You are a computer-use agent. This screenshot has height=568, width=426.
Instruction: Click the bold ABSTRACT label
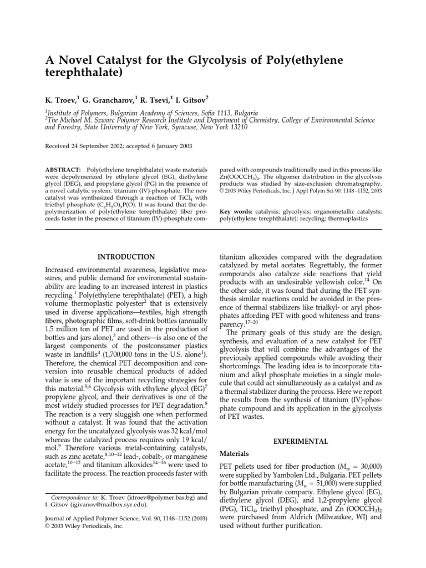click(61, 168)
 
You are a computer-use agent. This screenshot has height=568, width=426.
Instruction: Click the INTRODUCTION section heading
click(126, 257)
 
